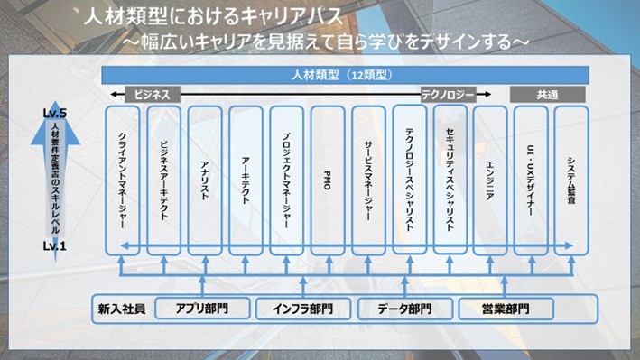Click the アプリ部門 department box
[x=199, y=309]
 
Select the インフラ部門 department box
[x=301, y=309]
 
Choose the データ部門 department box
[x=403, y=309]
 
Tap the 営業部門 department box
[x=506, y=309]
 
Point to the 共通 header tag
[x=547, y=93]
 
